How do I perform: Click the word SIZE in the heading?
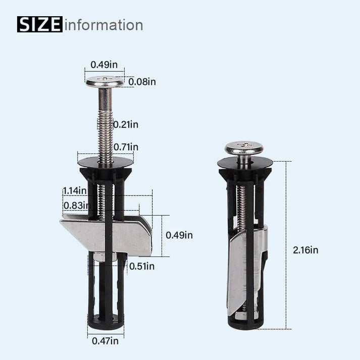(40, 24)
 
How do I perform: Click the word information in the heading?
(104, 25)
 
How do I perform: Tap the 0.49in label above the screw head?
(105, 64)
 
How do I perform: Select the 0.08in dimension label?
(142, 81)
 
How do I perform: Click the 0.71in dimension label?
(125, 147)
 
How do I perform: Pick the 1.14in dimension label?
(75, 190)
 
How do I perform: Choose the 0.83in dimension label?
(76, 205)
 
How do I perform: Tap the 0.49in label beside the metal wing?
(179, 235)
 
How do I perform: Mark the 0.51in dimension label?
(141, 266)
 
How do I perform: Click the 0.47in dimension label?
(105, 341)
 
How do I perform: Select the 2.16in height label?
(305, 249)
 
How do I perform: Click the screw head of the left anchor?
(105, 81)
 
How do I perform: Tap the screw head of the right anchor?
(244, 148)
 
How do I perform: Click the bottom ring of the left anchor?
(106, 322)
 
